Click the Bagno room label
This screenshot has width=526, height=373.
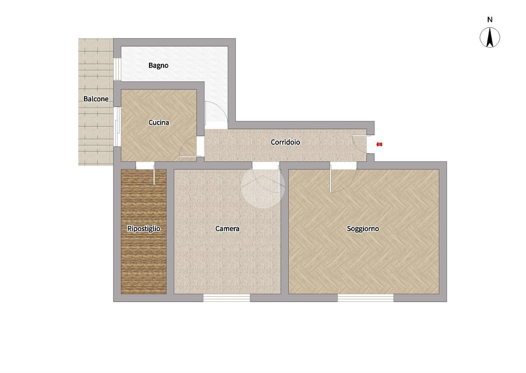tap(158, 65)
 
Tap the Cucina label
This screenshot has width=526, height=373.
tap(159, 122)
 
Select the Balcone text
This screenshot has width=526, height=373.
tap(96, 99)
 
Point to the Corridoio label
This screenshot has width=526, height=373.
tap(285, 142)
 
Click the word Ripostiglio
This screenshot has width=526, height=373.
tap(144, 229)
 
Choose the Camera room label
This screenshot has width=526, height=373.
tap(227, 229)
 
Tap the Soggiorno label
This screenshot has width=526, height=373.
tap(363, 229)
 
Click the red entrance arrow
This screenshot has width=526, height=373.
tap(379, 144)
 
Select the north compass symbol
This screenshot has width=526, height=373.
tap(490, 37)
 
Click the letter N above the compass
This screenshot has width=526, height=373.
tap(490, 20)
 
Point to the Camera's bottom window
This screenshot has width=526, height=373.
tap(227, 298)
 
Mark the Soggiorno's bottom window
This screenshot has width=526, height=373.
tap(366, 298)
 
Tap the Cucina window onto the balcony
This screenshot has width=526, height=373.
tap(117, 127)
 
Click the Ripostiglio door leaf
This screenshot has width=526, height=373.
tap(154, 175)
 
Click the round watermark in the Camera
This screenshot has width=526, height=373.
tap(263, 186)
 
